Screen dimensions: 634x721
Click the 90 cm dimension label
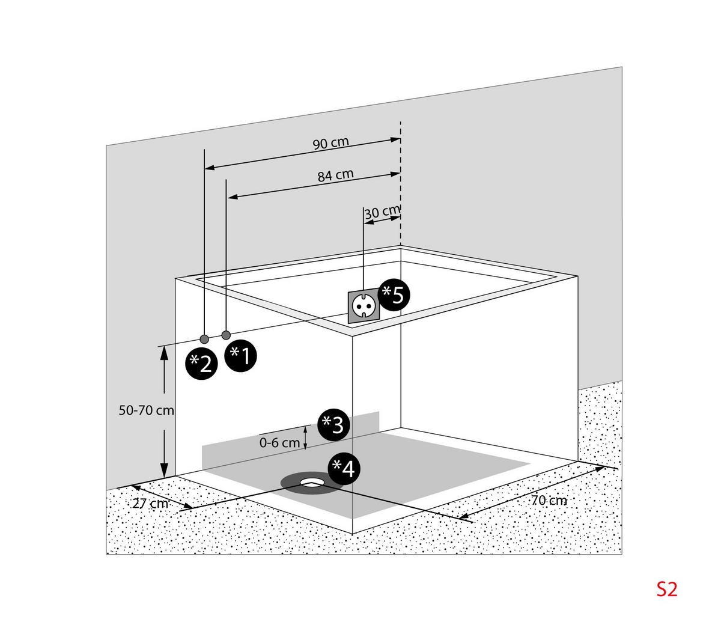(x=330, y=144)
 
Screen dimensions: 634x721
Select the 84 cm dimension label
(x=335, y=175)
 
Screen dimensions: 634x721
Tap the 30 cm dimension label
(x=382, y=212)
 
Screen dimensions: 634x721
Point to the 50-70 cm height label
(x=146, y=410)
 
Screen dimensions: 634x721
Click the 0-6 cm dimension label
(x=279, y=443)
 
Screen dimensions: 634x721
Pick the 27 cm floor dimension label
(x=150, y=504)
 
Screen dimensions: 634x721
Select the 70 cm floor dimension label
(x=549, y=500)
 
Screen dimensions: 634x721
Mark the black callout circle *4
(x=344, y=468)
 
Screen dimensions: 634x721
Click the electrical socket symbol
(x=363, y=305)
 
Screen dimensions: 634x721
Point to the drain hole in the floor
(x=312, y=481)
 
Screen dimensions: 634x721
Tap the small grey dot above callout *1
(x=227, y=335)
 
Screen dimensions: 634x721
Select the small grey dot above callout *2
(x=204, y=338)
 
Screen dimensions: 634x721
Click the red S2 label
(x=666, y=589)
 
